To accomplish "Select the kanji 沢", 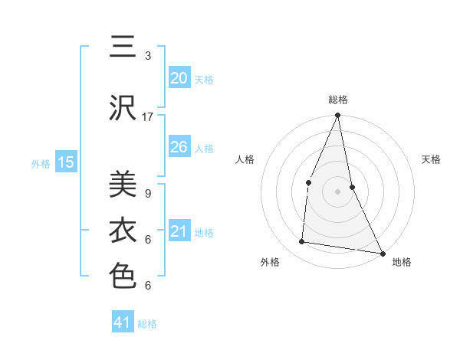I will pyautogui.click(x=123, y=108).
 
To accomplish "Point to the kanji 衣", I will pyautogui.click(x=123, y=230).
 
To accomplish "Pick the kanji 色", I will pyautogui.click(x=123, y=276).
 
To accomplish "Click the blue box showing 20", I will pyautogui.click(x=179, y=78).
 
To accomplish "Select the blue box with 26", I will pyautogui.click(x=179, y=147).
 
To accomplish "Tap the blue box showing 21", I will pyautogui.click(x=179, y=231).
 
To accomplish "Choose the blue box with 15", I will pyautogui.click(x=65, y=162).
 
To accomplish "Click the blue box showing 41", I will pyautogui.click(x=123, y=322).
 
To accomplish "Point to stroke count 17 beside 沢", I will pyautogui.click(x=148, y=116).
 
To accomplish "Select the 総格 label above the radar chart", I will pyautogui.click(x=338, y=100).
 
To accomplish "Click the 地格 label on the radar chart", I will pyautogui.click(x=402, y=262).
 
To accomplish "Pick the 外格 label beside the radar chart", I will pyautogui.click(x=270, y=262).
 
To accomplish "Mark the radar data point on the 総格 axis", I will pyautogui.click(x=337, y=116).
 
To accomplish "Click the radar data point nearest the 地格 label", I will pyautogui.click(x=382, y=254).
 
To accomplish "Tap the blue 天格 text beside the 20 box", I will pyautogui.click(x=204, y=79).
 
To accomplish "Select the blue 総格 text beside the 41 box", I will pyautogui.click(x=147, y=324).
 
